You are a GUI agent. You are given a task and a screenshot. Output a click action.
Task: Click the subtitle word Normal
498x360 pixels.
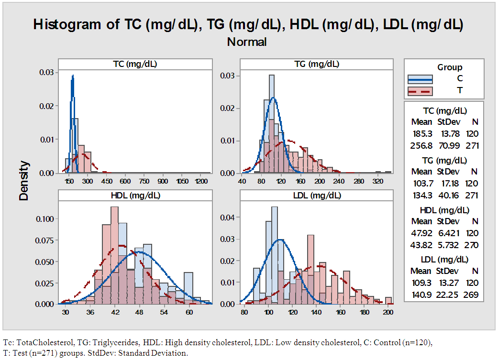(x=247, y=42)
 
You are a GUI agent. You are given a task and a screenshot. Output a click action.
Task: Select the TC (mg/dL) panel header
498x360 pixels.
(x=135, y=65)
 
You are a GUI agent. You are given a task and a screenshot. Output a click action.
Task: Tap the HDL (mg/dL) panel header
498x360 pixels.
(x=135, y=195)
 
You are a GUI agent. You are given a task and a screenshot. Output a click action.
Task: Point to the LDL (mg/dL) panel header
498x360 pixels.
(x=316, y=195)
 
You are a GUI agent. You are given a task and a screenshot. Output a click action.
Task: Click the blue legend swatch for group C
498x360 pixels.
(x=420, y=79)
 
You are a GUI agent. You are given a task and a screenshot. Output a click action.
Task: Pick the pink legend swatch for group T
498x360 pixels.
(x=420, y=91)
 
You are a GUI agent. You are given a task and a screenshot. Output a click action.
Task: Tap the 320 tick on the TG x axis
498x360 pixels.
(x=378, y=182)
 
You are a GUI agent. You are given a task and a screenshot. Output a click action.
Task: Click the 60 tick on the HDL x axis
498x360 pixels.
(x=189, y=313)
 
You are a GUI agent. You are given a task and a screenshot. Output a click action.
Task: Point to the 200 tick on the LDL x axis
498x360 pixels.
(x=388, y=313)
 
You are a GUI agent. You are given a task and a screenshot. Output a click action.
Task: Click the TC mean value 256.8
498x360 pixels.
(x=421, y=145)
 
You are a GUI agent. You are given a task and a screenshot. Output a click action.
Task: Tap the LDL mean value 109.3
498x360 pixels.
(x=421, y=283)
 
